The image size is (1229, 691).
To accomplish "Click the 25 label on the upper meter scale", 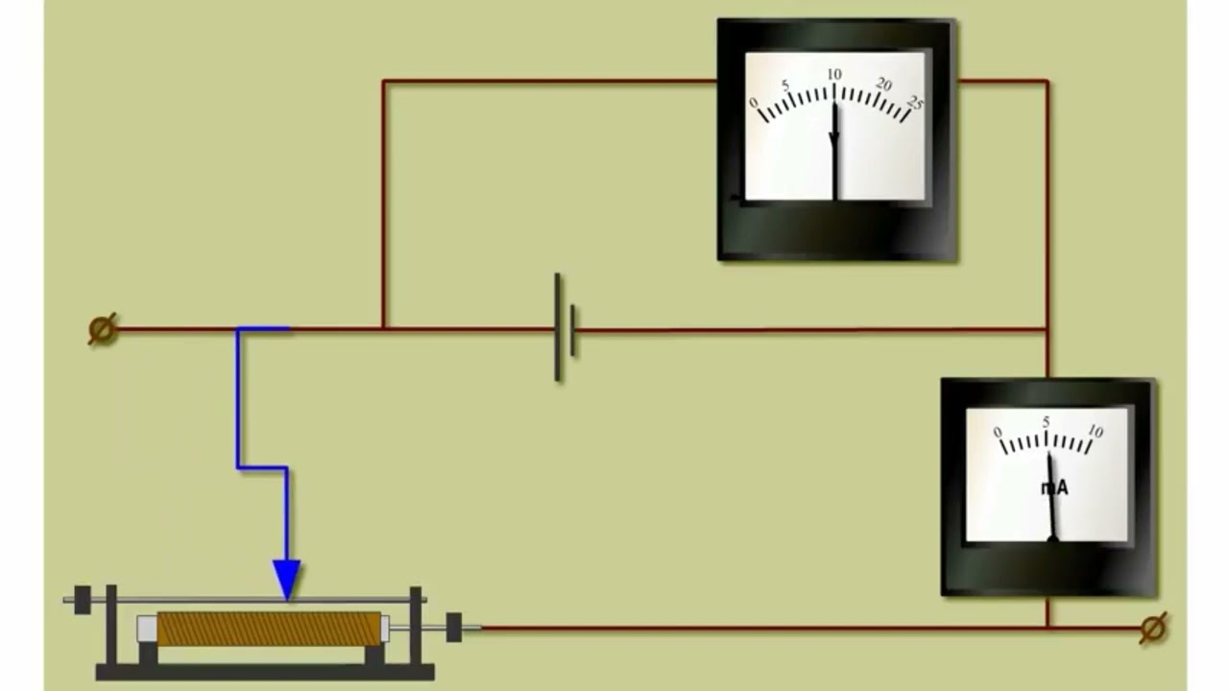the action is tap(916, 102).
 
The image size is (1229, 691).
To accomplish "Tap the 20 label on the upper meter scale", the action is tap(884, 83).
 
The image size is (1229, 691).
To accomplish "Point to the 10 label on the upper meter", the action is tap(834, 74).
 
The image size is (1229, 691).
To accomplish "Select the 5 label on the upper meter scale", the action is tap(785, 85).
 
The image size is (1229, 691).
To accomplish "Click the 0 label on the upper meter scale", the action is tap(754, 103).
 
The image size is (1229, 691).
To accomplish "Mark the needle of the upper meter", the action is tap(835, 152).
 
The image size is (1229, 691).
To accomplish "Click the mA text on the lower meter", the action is tap(1054, 488).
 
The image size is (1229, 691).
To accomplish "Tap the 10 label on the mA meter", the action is tap(1096, 431).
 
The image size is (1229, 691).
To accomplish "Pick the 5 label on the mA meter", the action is tap(1046, 421).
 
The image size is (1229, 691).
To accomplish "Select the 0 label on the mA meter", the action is tap(998, 432).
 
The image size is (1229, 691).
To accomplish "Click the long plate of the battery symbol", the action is tap(558, 327).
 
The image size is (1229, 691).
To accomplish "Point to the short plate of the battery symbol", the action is tap(573, 331).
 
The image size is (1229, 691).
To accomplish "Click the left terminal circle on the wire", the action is tap(103, 329).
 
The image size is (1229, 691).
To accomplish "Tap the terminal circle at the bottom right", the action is tap(1153, 628).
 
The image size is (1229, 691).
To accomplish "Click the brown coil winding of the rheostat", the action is tap(269, 629).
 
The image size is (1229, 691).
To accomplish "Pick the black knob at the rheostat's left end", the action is tap(83, 600).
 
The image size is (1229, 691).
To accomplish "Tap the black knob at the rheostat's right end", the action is tap(454, 628).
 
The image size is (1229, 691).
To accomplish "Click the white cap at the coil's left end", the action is tap(147, 629).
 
